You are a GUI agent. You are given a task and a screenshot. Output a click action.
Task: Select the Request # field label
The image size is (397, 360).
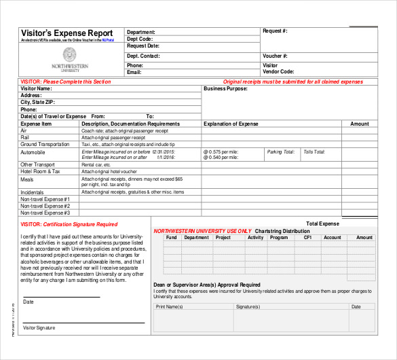(275, 31)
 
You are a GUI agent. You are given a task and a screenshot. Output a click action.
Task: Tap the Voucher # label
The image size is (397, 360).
(275, 56)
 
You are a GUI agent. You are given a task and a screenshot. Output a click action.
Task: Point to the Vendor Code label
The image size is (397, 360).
(278, 71)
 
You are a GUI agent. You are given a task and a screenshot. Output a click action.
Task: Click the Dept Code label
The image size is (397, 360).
(140, 39)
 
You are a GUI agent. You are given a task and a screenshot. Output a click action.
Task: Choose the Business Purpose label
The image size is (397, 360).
(226, 88)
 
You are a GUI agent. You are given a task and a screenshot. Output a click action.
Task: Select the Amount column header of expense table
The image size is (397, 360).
(360, 124)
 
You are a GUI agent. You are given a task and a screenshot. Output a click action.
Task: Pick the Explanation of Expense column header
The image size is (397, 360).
(231, 124)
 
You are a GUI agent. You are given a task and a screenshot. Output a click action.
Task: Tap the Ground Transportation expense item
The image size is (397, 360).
(45, 144)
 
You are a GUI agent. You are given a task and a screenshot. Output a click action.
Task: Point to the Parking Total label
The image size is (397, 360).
(280, 152)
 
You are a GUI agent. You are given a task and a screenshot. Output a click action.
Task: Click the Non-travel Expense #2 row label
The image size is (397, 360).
(45, 206)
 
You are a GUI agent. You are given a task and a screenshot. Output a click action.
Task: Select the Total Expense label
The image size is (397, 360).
(322, 223)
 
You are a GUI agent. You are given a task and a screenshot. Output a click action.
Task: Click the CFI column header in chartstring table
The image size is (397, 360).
(307, 238)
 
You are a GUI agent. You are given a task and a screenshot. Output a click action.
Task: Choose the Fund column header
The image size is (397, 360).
(171, 238)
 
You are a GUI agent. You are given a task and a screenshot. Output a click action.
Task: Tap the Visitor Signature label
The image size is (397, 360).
(39, 328)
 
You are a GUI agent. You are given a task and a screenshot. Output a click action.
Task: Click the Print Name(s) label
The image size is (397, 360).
(169, 307)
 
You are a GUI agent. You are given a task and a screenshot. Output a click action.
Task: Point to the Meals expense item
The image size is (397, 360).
(27, 180)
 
